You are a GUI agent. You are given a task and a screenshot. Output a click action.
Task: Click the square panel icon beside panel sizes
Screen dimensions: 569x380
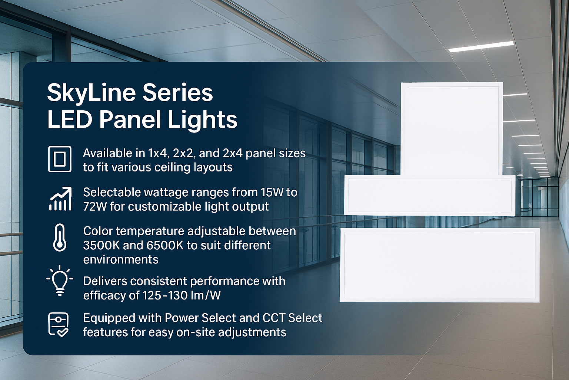tap(60, 159)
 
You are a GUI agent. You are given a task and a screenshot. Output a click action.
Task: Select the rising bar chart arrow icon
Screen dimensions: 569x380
tap(60, 199)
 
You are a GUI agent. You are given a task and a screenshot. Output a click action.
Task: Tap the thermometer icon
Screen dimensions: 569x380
tap(60, 238)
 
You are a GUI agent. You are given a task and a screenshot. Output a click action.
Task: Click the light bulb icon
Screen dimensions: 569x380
tap(60, 280)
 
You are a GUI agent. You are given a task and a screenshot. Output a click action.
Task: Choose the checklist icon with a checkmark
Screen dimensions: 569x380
tap(59, 325)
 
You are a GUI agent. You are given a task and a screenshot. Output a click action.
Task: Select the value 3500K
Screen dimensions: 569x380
tap(101, 245)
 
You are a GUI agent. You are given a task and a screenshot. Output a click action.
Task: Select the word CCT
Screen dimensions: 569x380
tap(274, 318)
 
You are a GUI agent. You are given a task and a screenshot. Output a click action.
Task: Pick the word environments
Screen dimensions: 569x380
tap(121, 260)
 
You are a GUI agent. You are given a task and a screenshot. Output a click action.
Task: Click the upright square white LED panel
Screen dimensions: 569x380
tap(452, 128)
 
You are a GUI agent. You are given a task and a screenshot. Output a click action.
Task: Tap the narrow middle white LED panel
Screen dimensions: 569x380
tap(430, 196)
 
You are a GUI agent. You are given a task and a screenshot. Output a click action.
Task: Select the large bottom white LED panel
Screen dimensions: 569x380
tap(439, 265)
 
